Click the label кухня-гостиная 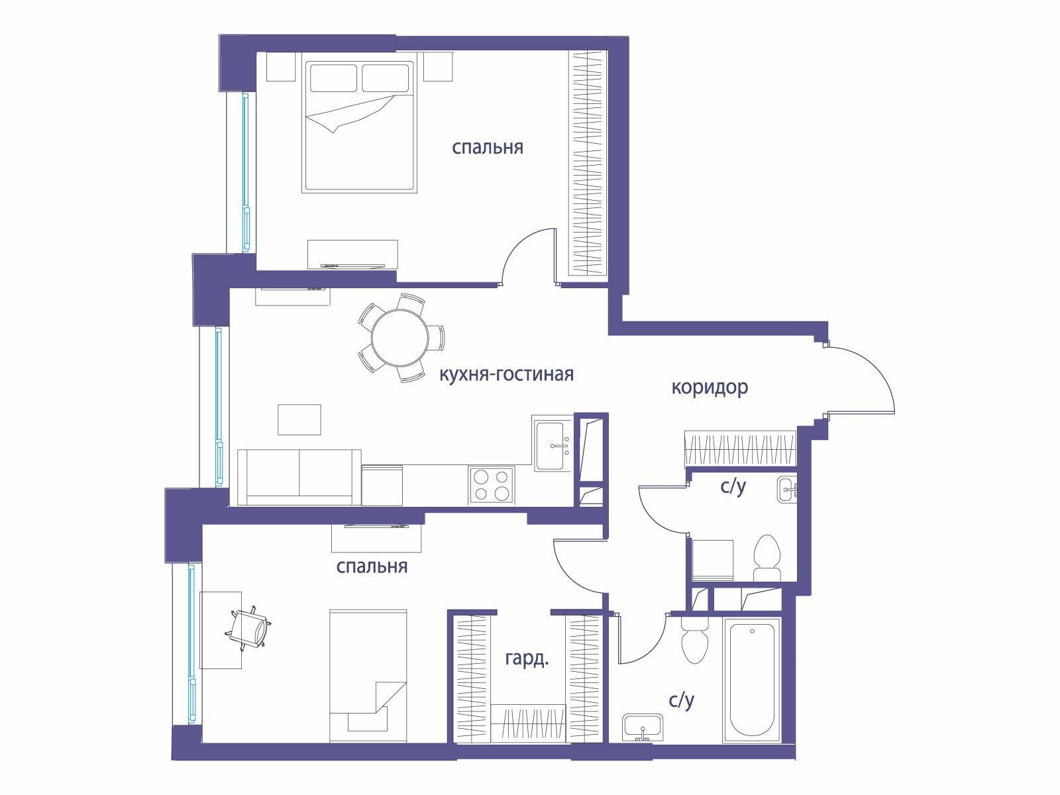click(x=506, y=374)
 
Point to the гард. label click(x=527, y=659)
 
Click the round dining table click(x=399, y=338)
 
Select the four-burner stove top click(x=491, y=485)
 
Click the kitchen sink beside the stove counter click(x=553, y=443)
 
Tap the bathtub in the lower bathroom click(x=751, y=680)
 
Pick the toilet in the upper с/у click(x=767, y=558)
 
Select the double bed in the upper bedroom click(x=359, y=127)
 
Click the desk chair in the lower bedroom click(x=249, y=627)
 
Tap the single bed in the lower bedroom click(x=368, y=676)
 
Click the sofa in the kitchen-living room click(x=299, y=477)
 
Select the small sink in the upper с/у click(x=787, y=490)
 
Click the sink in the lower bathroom click(x=643, y=727)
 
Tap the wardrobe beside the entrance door click(x=740, y=449)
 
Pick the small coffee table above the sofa click(x=299, y=419)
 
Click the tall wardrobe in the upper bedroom click(x=588, y=163)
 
